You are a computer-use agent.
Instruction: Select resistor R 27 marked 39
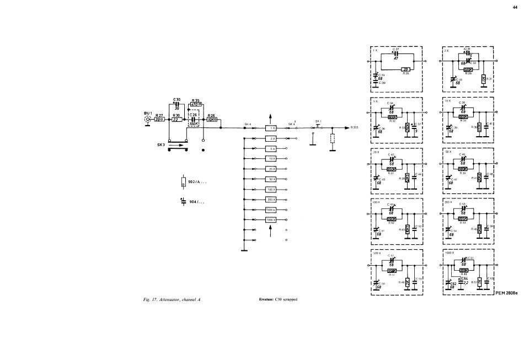coord(159,119)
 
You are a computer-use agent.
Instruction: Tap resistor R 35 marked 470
coord(195,104)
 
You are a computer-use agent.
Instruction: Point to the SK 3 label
coord(161,144)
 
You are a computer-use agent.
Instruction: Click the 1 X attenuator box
coord(271,127)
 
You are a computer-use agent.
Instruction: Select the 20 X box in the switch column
coord(271,169)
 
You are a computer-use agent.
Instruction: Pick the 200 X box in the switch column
coord(271,199)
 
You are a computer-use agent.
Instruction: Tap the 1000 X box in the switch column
coord(271,219)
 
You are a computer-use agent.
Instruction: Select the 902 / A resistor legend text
coord(197,181)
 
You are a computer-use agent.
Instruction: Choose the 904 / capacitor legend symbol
coord(183,201)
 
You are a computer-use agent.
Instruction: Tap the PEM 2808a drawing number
coord(507,293)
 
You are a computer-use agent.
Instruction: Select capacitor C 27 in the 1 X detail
coord(395,53)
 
